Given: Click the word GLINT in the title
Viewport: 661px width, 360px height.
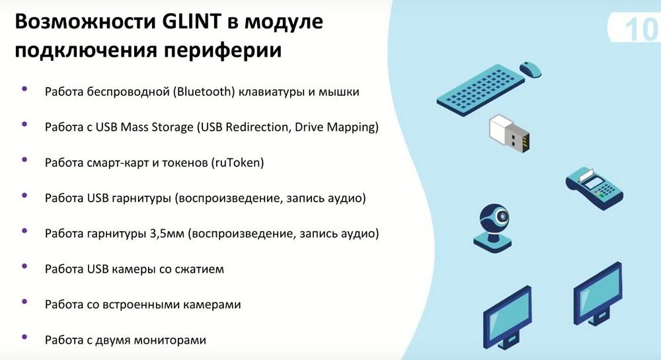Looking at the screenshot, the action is point(191,22).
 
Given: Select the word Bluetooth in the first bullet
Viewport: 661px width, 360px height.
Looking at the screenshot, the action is point(204,91).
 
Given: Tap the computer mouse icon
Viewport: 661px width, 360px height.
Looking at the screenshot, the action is point(531,69).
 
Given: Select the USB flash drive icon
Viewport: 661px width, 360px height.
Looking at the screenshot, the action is point(509,133).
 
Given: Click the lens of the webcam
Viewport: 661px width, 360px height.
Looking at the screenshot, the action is point(502,217).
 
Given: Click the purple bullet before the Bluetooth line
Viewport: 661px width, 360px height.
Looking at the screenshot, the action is point(24,89).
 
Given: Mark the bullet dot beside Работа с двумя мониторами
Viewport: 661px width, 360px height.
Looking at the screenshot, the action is point(24,338).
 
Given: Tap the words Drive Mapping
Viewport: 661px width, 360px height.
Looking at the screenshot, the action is point(334,127).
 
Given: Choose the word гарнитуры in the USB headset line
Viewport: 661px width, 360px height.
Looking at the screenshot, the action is point(141,198).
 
